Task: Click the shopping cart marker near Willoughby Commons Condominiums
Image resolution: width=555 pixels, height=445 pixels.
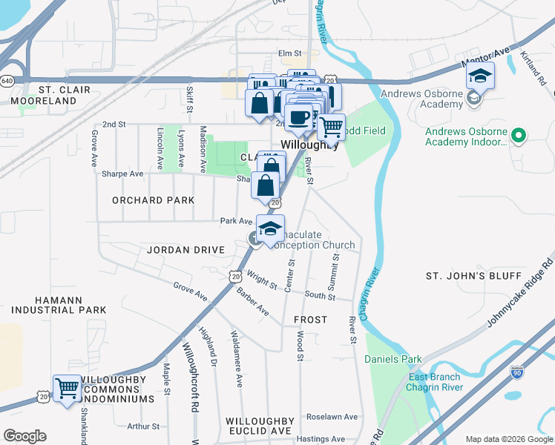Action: [x=67, y=388]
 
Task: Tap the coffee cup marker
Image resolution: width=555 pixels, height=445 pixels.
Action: [x=299, y=117]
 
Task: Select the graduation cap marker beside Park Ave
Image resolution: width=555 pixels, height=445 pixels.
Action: [x=271, y=228]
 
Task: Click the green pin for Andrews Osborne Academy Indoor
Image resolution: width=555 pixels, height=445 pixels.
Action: [x=519, y=136]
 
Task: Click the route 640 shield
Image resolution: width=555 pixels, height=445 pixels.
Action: [x=7, y=80]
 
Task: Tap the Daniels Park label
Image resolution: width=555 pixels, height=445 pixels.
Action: [x=393, y=360]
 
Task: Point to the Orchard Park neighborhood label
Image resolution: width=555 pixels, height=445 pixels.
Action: [x=154, y=200]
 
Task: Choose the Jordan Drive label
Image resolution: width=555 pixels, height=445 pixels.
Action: [x=185, y=250]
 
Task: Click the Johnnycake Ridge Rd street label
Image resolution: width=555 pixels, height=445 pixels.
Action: [x=520, y=294]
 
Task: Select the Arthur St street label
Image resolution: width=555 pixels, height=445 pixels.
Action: [x=142, y=426]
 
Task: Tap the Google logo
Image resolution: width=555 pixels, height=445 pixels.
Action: [x=24, y=436]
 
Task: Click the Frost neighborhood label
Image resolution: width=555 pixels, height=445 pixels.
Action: [x=310, y=320]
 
